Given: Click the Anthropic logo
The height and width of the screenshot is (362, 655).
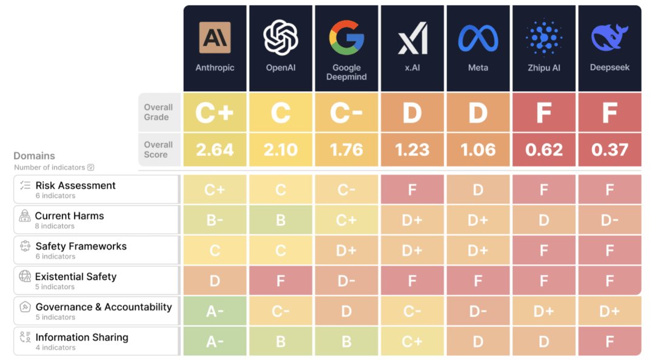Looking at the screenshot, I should click(215, 38).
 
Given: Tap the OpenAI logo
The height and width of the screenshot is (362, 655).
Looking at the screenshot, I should click(281, 37).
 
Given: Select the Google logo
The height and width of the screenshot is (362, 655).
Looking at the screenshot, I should click(346, 37).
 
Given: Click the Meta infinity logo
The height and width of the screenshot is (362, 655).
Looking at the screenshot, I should click(478, 38).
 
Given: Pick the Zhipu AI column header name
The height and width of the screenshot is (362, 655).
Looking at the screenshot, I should click(544, 67).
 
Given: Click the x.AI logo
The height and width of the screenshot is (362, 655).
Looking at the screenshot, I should click(412, 38).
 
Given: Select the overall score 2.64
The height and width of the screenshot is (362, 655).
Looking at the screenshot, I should click(215, 149).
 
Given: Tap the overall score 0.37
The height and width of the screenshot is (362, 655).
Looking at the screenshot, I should click(610, 149).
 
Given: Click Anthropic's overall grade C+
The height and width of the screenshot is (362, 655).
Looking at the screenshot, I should click(215, 112).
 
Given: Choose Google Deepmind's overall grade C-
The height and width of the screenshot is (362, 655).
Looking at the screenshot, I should click(346, 112).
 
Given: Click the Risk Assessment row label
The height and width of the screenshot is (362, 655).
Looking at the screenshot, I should click(75, 186).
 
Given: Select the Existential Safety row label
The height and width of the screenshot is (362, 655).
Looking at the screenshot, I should click(76, 277).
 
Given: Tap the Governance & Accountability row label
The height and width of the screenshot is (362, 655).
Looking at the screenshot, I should click(104, 307).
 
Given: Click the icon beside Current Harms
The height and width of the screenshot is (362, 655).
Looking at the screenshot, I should click(25, 216).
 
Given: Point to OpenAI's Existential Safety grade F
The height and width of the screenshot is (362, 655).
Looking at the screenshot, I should click(281, 281).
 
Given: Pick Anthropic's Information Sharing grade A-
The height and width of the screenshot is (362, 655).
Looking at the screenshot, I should click(215, 341).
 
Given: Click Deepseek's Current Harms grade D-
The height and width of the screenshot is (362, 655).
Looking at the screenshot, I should click(610, 220).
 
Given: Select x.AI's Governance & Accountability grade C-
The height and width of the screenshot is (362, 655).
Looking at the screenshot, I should click(412, 311).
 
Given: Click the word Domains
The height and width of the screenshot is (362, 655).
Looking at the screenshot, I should click(34, 156).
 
